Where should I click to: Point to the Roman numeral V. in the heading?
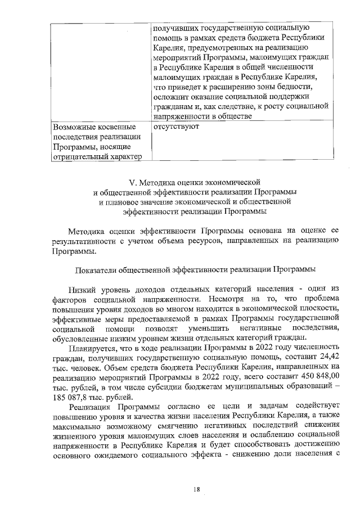click(133, 182)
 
